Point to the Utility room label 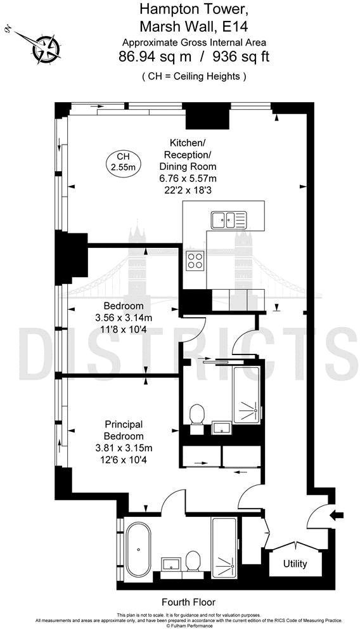pyautogui.click(x=295, y=564)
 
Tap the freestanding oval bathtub pyautogui.click(x=138, y=549)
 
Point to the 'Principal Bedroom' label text pyautogui.click(x=124, y=430)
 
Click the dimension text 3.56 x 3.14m pyautogui.click(x=124, y=318)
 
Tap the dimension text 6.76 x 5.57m pyautogui.click(x=188, y=179)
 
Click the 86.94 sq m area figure pyautogui.click(x=155, y=56)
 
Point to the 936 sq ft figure pyautogui.click(x=241, y=56)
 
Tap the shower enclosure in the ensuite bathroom pyautogui.click(x=225, y=548)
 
